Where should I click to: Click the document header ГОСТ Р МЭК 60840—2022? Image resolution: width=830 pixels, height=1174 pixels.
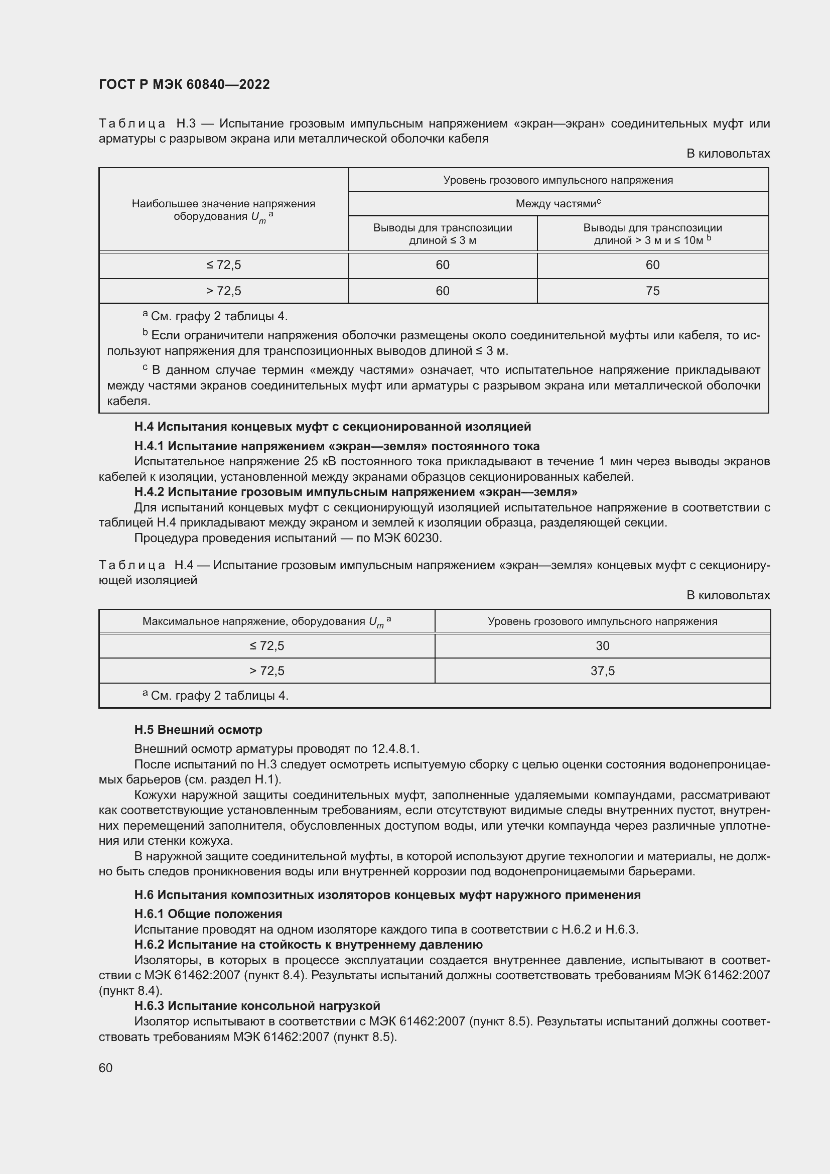(184, 85)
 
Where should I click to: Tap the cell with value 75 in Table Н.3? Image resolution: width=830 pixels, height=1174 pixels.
(652, 291)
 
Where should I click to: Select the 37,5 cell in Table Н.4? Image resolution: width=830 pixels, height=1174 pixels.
(602, 671)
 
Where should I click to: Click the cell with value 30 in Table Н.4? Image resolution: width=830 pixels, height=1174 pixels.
(602, 646)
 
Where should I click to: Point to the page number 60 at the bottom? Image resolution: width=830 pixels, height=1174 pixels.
(106, 1068)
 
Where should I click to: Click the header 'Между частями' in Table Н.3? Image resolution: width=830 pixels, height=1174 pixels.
(558, 204)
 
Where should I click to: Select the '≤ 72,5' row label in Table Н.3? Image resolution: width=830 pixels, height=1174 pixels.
(223, 265)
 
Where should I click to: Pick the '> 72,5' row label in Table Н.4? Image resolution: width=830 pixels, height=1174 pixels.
(266, 671)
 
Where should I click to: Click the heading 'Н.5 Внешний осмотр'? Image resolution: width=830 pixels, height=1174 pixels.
(198, 730)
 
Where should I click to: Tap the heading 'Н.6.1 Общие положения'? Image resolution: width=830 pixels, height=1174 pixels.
(208, 914)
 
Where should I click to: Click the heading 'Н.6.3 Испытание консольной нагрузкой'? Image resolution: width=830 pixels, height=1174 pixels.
(257, 1006)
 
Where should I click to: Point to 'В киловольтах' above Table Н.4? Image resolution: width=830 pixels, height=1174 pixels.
(728, 595)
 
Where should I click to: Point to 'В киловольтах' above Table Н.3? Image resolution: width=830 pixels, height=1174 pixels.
(728, 154)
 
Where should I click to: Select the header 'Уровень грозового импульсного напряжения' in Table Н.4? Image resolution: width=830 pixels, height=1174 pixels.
(602, 621)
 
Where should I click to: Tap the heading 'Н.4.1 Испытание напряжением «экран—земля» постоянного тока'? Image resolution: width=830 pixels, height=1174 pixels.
(337, 446)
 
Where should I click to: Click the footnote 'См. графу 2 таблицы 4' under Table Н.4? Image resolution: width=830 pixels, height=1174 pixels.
(219, 696)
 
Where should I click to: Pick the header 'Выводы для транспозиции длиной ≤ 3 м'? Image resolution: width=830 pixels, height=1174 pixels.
(442, 234)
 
